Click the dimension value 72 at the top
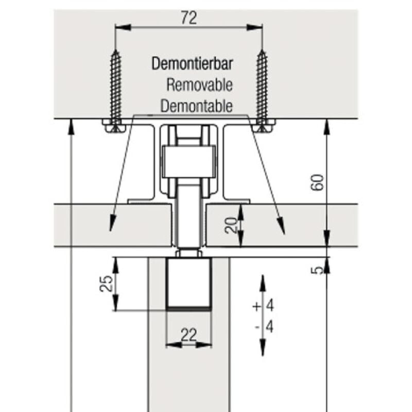(x=189, y=18)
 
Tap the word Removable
(x=199, y=85)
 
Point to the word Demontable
(x=196, y=107)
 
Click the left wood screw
(x=116, y=88)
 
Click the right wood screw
(x=262, y=88)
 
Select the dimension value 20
(x=232, y=225)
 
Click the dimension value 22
(x=189, y=335)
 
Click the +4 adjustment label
(x=263, y=306)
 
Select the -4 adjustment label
(x=263, y=327)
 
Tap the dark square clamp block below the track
(x=189, y=283)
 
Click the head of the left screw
(x=115, y=126)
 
